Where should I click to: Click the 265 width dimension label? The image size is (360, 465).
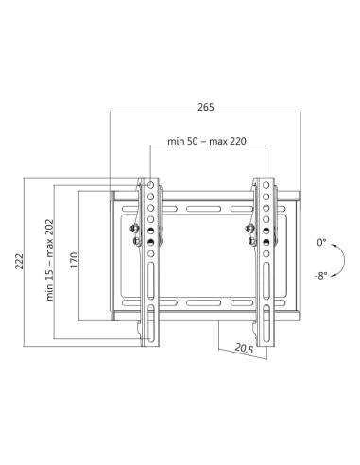204,106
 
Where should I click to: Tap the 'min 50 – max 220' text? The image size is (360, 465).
205,141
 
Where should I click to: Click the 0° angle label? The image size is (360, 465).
321,242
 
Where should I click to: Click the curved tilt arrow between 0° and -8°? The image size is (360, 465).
336,260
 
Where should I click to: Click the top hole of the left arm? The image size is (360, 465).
150,182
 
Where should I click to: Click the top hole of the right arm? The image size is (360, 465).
266,182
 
